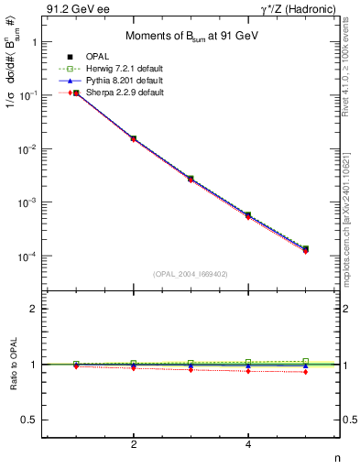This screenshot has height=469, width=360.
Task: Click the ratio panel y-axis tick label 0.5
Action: (x=28, y=420)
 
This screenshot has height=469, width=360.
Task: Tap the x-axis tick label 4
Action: (x=248, y=444)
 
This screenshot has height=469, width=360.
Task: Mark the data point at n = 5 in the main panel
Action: (x=305, y=249)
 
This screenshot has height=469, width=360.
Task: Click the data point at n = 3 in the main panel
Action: (x=191, y=179)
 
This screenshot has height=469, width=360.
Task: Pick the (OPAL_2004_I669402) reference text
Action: (x=191, y=273)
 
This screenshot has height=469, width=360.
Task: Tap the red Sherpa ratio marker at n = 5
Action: (x=305, y=372)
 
